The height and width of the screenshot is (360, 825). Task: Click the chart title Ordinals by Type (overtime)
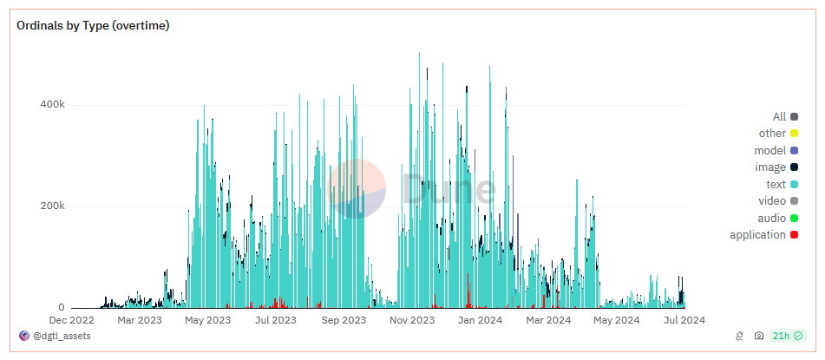coord(93,26)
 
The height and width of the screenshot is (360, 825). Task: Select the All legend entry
coord(785,117)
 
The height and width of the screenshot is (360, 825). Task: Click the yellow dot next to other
coord(794,134)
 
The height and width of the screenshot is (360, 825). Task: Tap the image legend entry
coord(776,167)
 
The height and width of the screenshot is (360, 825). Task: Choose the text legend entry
coord(782,184)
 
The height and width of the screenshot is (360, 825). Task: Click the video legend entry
coord(778,201)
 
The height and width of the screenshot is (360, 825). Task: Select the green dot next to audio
coord(794,218)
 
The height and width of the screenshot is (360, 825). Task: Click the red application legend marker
coord(794,235)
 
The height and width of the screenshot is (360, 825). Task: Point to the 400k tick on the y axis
coord(53,105)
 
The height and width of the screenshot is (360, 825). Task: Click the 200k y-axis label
coord(53,206)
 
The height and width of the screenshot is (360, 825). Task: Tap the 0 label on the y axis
coord(62,308)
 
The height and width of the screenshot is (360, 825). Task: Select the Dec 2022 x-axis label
coord(71,320)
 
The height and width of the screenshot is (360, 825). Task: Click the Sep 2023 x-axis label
coord(343,320)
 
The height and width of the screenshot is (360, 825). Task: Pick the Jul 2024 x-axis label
coord(684,320)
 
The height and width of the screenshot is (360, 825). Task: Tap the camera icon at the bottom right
coord(759,336)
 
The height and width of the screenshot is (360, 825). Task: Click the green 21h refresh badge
coord(788,336)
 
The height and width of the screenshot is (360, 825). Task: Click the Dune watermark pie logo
coord(357,188)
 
